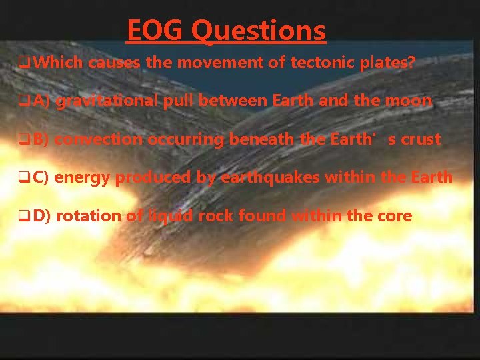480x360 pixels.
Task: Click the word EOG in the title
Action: tap(156, 31)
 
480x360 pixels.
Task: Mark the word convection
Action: tap(99, 139)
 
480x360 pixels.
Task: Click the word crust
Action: tap(421, 139)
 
